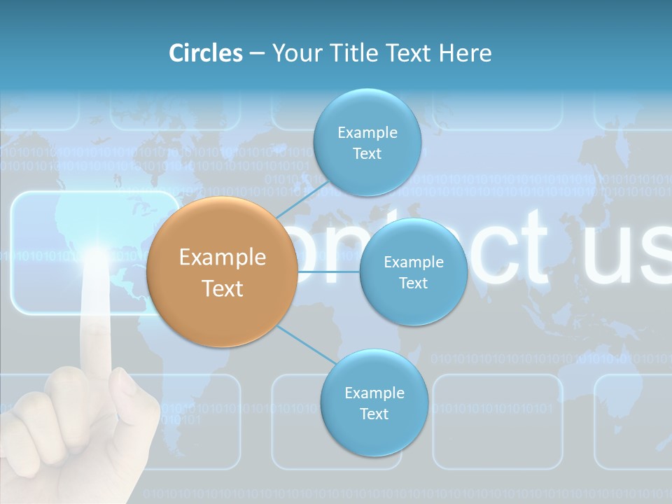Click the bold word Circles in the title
coord(206,53)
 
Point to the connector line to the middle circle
coord(328,272)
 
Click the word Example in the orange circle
coord(223,258)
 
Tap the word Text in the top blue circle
coord(367,153)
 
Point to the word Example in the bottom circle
coord(374,393)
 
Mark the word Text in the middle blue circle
coord(413,283)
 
